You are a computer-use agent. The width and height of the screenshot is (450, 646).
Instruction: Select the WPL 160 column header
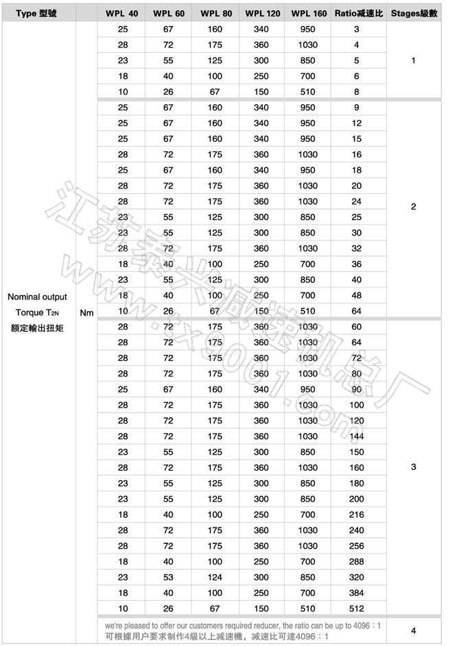point(309,13)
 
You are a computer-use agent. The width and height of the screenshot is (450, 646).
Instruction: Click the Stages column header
point(414,13)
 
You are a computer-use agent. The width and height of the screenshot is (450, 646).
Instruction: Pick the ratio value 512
point(357,608)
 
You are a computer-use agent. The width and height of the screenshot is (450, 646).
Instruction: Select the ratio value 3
point(357,29)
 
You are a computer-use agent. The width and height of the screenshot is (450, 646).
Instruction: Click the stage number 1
point(413,60)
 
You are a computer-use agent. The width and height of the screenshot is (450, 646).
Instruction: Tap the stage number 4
point(413,630)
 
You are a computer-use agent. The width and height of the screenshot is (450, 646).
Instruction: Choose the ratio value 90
point(357,389)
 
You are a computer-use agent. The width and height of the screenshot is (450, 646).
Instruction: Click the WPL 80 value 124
point(215,577)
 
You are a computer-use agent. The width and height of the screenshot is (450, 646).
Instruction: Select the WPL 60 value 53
point(168,577)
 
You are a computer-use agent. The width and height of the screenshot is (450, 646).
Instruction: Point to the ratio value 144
point(357,436)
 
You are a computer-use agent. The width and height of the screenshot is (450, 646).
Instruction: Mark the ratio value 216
point(357,514)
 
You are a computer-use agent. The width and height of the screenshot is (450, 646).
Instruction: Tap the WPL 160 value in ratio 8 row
point(308,91)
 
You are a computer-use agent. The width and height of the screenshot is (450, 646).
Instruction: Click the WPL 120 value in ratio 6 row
point(261,76)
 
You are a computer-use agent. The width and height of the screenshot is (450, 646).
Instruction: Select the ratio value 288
point(357,561)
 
